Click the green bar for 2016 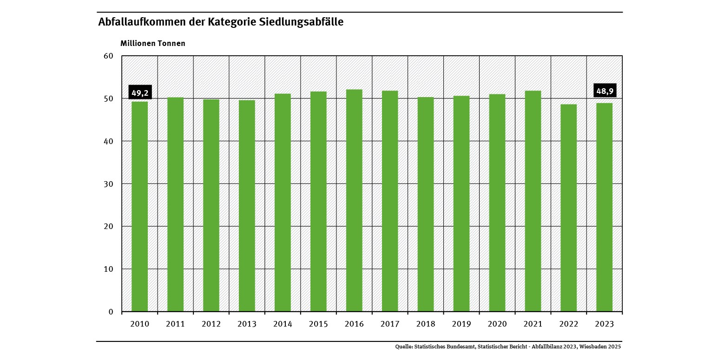tap(354, 200)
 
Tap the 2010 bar tap(140, 206)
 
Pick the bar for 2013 tap(247, 206)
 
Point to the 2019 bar tap(461, 203)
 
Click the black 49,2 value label tap(140, 93)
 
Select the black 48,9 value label tap(605, 91)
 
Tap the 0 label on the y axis tap(111, 312)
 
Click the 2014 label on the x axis tap(283, 324)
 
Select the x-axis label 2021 tap(533, 324)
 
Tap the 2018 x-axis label tap(426, 324)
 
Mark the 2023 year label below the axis tap(604, 324)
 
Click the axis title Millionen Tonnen tap(153, 44)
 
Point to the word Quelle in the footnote tap(403, 347)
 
